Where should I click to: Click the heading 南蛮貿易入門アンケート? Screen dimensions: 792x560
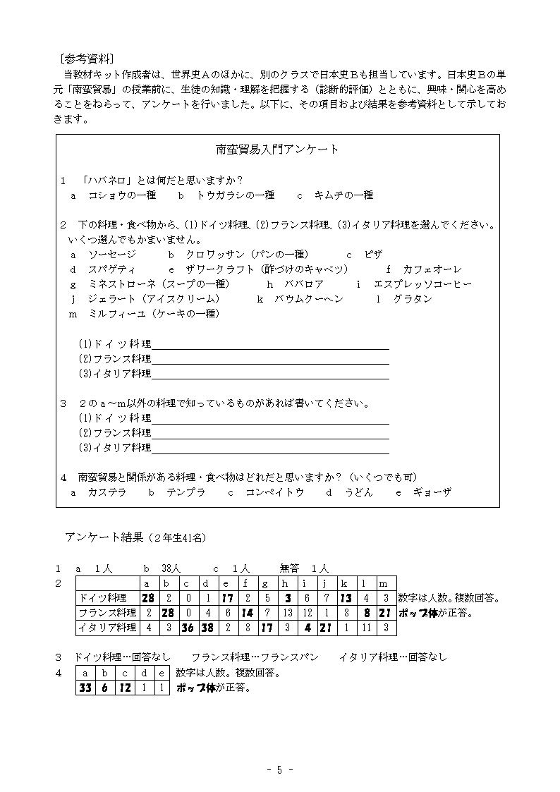click(277, 150)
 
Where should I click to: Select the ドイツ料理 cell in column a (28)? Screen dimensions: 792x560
click(147, 599)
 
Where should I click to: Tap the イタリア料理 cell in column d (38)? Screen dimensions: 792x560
click(206, 627)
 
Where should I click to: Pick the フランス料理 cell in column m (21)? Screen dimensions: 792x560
click(384, 613)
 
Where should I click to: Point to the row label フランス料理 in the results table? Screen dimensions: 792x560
click(107, 613)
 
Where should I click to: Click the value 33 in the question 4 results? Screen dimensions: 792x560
click(85, 688)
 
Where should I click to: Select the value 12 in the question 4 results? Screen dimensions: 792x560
click(124, 688)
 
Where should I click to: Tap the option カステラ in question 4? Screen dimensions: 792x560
click(107, 493)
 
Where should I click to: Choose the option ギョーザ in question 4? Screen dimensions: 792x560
click(432, 493)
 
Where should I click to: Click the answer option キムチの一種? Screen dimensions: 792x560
click(344, 195)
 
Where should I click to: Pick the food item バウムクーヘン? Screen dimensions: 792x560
click(310, 299)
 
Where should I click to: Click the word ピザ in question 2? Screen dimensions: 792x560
click(374, 255)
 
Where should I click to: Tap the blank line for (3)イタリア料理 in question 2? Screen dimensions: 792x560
click(270, 374)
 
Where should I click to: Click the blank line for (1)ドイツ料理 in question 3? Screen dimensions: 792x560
click(270, 419)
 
